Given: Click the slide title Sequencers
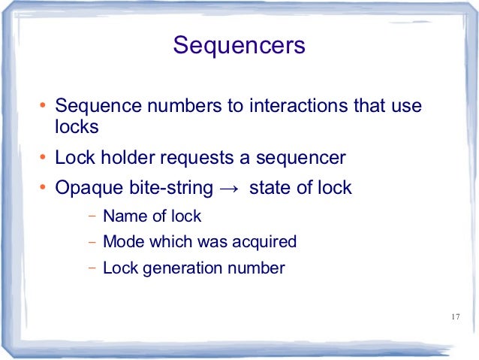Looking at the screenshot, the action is tap(239, 45).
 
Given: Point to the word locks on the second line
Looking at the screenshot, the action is tap(77, 127).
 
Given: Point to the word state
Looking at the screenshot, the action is tap(267, 188).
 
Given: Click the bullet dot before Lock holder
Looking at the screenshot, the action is tap(43, 159).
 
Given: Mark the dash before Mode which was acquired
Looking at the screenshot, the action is tap(92, 243).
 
